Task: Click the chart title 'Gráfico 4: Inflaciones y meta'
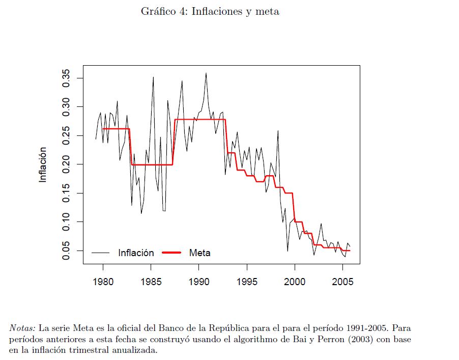point(210,12)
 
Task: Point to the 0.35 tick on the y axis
point(66,78)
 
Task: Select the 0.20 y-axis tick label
point(66,164)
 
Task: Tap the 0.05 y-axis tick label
point(66,251)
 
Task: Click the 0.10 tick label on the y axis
point(66,222)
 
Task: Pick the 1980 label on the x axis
point(103,282)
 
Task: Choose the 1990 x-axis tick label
point(198,282)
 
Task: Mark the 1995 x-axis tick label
point(247,282)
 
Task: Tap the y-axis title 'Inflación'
point(43,164)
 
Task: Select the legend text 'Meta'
point(199,253)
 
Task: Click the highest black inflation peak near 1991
point(206,73)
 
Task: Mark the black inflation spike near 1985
point(153,77)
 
